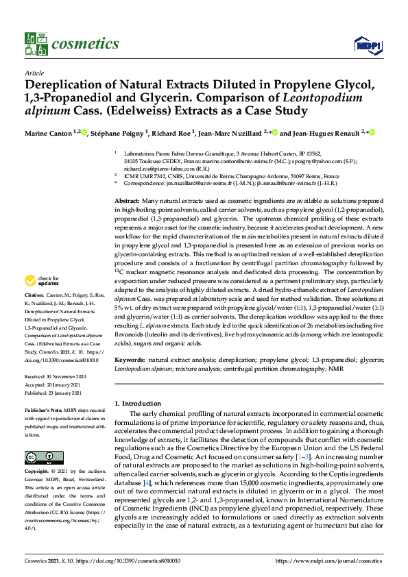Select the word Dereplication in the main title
coord(71,86)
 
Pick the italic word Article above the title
coord(34,73)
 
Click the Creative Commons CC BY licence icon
coord(40,457)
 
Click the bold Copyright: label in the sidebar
coord(38,473)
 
